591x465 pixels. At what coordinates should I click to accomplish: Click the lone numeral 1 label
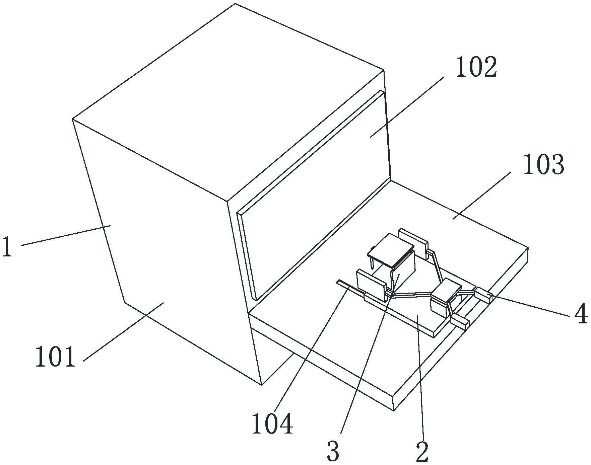(7, 246)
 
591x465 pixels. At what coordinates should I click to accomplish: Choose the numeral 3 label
(333, 451)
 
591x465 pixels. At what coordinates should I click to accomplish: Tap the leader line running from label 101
(123, 332)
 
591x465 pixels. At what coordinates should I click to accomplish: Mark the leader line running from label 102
(407, 107)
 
